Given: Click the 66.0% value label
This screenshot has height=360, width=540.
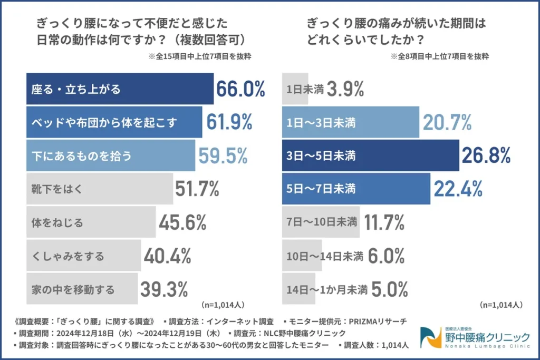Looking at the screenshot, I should click(240, 89).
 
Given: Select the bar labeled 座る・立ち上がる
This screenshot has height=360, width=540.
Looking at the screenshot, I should click(119, 90).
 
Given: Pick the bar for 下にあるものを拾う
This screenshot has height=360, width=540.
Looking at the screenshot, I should click(110, 155).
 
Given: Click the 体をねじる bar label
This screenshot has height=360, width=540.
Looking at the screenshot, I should click(57, 222).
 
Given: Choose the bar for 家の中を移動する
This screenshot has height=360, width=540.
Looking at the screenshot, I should click(82, 289).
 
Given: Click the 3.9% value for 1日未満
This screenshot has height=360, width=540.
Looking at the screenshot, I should click(345, 89).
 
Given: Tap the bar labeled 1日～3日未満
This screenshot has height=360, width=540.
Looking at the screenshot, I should click(350, 122).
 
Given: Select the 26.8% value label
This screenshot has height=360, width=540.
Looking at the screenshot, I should click(486, 155).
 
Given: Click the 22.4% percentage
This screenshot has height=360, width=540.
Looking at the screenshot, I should click(458, 188).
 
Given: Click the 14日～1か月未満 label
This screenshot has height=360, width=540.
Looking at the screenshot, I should click(325, 289).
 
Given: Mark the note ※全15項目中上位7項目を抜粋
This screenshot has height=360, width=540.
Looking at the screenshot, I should click(200, 57).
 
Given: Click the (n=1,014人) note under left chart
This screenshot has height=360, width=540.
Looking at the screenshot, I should click(223, 305).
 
